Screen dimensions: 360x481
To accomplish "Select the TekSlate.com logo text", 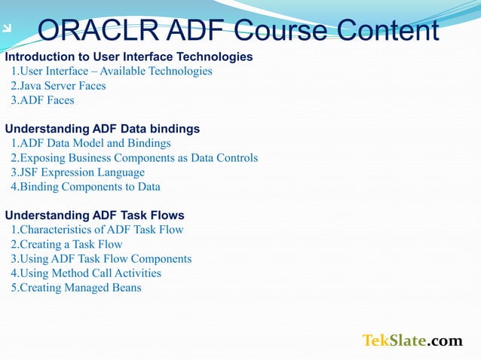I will click(412, 341).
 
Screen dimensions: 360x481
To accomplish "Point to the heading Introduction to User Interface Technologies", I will click(129, 56).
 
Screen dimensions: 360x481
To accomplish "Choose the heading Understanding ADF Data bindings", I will click(103, 129).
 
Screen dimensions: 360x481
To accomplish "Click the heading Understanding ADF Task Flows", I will click(95, 215).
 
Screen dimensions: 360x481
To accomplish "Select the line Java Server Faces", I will click(58, 86).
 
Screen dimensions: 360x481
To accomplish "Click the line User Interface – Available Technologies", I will click(112, 72).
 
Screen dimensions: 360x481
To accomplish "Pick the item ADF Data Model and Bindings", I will click(90, 143).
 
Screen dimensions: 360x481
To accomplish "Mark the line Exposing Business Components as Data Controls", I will click(134, 158).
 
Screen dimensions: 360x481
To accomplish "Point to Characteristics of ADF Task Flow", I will click(97, 230).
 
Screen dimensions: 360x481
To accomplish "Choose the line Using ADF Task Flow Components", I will click(101, 259).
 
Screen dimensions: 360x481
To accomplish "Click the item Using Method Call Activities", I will click(86, 273).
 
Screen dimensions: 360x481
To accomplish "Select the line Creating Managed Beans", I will click(76, 288).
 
